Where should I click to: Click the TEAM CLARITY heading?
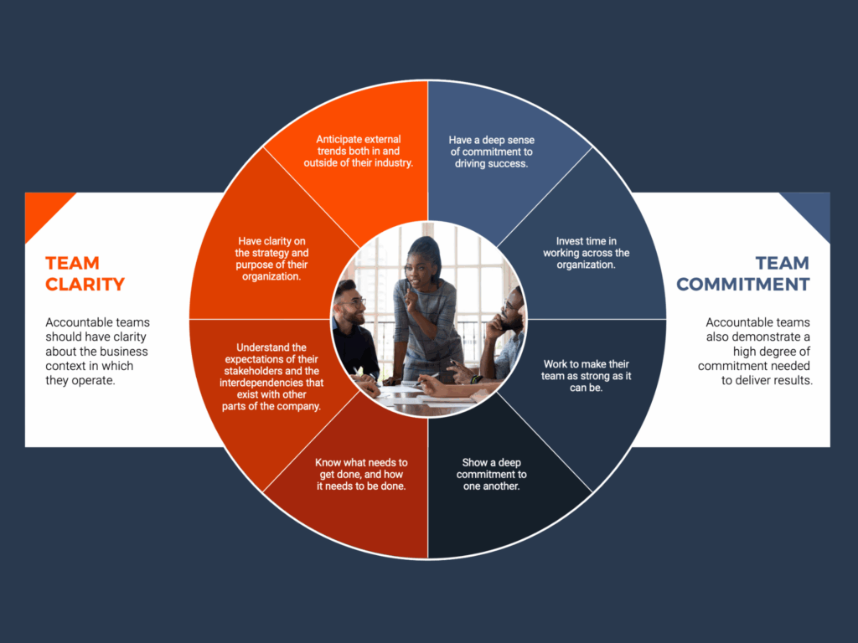tap(85, 274)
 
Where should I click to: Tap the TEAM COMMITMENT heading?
tap(742, 274)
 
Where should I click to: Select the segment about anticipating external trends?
tap(358, 151)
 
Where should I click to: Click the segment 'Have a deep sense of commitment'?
tap(491, 151)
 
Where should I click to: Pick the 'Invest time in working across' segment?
tap(586, 253)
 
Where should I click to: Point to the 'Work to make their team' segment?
tap(586, 376)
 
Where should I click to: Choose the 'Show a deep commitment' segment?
tap(491, 474)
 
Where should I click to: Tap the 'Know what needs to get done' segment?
tap(361, 474)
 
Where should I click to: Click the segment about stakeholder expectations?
tap(272, 376)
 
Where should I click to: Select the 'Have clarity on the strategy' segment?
tap(271, 259)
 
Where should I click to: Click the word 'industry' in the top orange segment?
tap(391, 163)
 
